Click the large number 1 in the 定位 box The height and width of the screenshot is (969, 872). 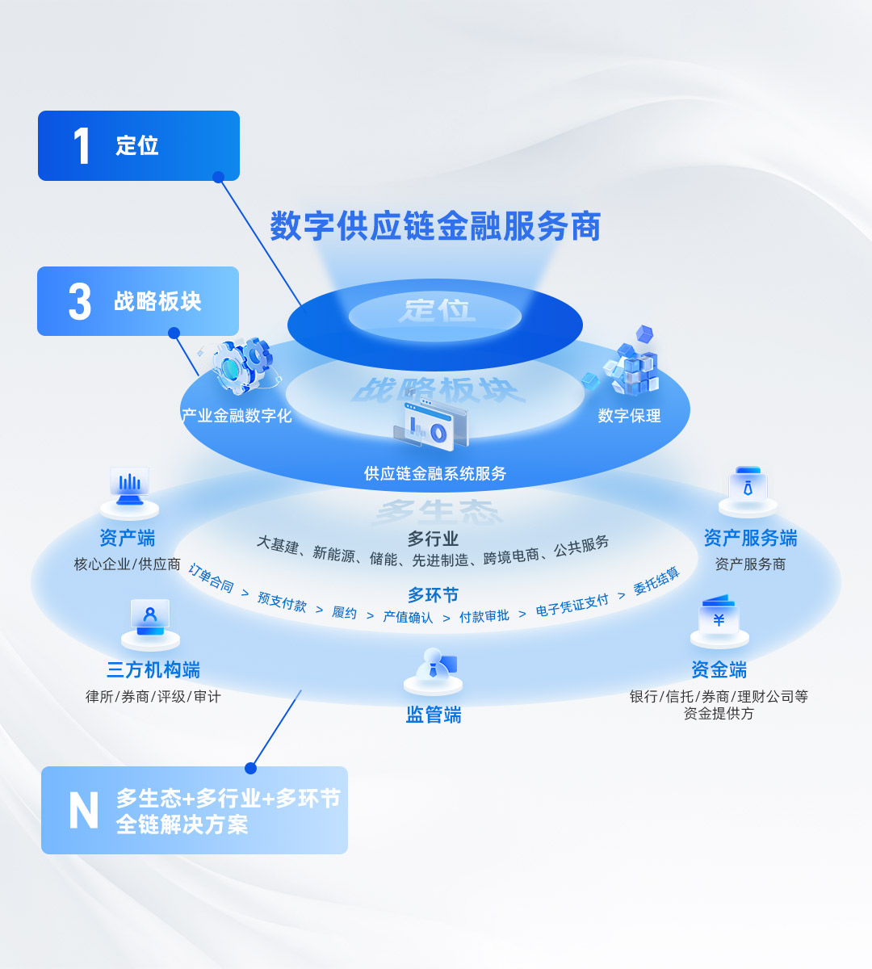(82, 146)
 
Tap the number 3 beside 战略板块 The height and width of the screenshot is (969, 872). (80, 302)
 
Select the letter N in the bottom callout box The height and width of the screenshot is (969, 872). (83, 810)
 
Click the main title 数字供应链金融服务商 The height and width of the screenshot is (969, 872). (435, 226)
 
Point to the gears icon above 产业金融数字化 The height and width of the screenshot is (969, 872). (241, 365)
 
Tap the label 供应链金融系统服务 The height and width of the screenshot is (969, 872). (434, 473)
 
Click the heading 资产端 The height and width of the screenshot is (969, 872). (127, 538)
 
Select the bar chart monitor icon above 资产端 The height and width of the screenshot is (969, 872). (129, 489)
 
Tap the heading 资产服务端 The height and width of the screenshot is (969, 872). (750, 538)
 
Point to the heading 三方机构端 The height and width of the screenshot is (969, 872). (153, 669)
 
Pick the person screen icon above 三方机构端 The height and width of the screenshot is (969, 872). (150, 621)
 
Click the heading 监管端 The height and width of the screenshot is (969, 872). (434, 715)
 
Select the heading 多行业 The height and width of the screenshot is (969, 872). (433, 539)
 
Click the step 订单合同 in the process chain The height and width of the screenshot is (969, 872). (211, 578)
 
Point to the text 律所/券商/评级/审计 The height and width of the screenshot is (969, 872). (153, 696)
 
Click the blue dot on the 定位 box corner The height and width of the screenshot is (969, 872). (218, 177)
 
